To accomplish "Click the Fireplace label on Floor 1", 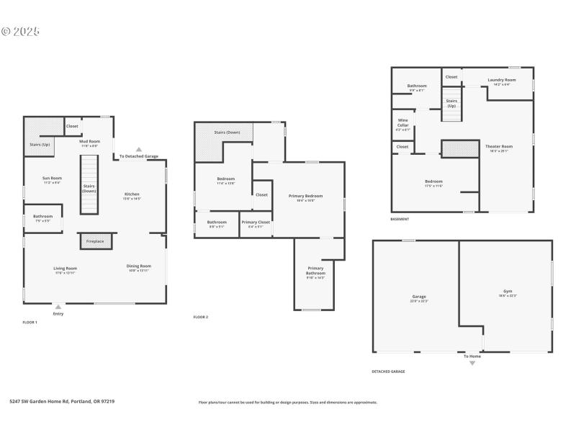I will [96, 241].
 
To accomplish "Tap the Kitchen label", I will [132, 194].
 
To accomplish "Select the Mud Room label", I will [89, 142].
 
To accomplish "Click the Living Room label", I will [66, 268].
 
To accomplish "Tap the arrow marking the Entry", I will [58, 306].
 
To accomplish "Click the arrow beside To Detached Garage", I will [139, 149].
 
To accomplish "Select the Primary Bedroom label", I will [305, 196].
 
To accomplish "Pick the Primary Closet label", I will [255, 222].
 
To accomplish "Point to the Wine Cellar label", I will [402, 123].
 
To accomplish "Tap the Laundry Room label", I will [501, 80].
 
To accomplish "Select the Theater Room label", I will [498, 146].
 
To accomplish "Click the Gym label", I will [508, 292].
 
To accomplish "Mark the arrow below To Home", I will [472, 363].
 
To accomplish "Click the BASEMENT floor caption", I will [400, 219].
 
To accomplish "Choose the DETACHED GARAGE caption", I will [388, 372].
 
